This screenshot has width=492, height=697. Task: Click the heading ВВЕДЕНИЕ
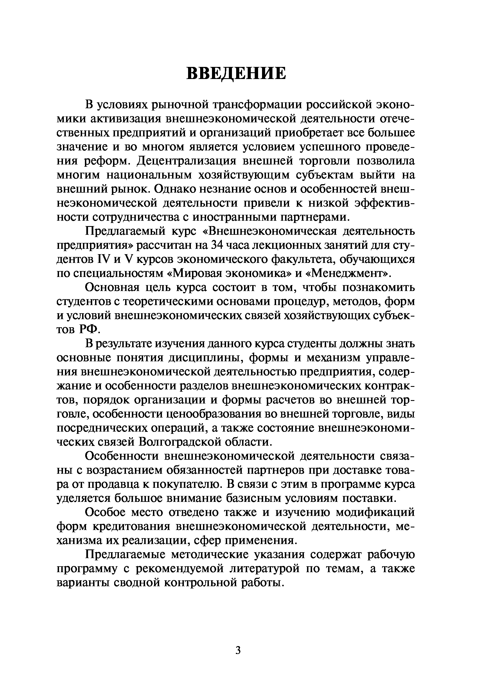(236, 74)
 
